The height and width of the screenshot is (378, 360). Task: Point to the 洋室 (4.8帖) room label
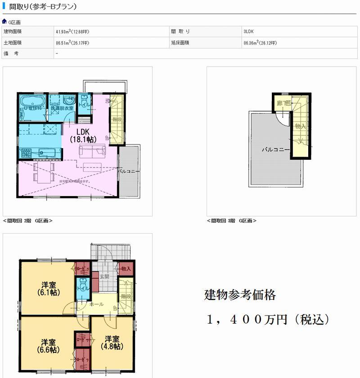[x=112, y=342]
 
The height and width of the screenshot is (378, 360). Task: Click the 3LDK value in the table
[x=249, y=31]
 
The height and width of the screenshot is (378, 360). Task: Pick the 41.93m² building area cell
[x=72, y=31]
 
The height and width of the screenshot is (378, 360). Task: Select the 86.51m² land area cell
[x=72, y=43]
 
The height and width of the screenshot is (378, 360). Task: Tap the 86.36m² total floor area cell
[x=260, y=43]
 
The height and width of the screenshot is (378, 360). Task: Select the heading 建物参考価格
[x=240, y=296]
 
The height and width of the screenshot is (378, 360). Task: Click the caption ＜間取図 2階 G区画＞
[x=28, y=220]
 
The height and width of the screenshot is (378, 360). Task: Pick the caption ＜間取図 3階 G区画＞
[x=232, y=220]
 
